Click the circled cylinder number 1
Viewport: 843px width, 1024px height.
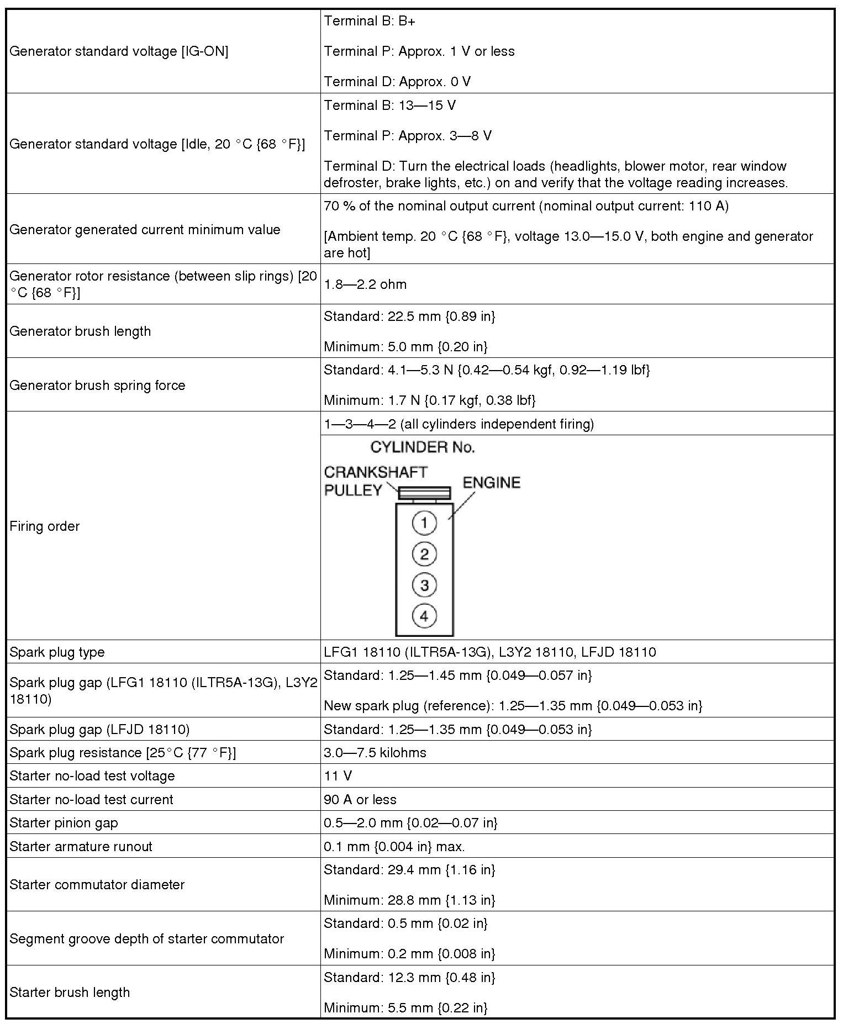tap(424, 522)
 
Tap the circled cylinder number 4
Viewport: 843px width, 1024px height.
tap(424, 615)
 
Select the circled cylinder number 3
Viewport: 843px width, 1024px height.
tap(424, 585)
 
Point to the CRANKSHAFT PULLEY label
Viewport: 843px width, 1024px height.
tap(375, 481)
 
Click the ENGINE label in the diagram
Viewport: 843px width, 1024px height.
tap(491, 483)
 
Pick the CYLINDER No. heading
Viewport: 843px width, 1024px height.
tap(422, 447)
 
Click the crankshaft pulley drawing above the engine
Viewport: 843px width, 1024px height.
tap(424, 493)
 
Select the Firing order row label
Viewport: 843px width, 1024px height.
tap(45, 526)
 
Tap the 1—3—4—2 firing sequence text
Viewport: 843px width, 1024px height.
tap(459, 424)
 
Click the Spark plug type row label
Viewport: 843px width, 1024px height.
tap(57, 652)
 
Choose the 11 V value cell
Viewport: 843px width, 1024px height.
tap(338, 776)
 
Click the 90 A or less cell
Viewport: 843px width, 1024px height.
tap(360, 800)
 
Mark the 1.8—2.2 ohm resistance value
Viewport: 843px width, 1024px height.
tap(365, 284)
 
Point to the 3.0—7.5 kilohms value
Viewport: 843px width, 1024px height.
tap(375, 753)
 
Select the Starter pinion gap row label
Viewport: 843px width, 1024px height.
tap(64, 823)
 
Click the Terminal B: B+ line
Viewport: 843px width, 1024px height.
tap(369, 21)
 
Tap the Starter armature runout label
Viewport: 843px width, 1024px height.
tap(81, 847)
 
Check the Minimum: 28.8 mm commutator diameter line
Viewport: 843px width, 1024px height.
tap(409, 900)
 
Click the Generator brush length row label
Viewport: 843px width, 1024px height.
tap(80, 331)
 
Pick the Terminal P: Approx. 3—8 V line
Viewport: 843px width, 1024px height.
tap(407, 136)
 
